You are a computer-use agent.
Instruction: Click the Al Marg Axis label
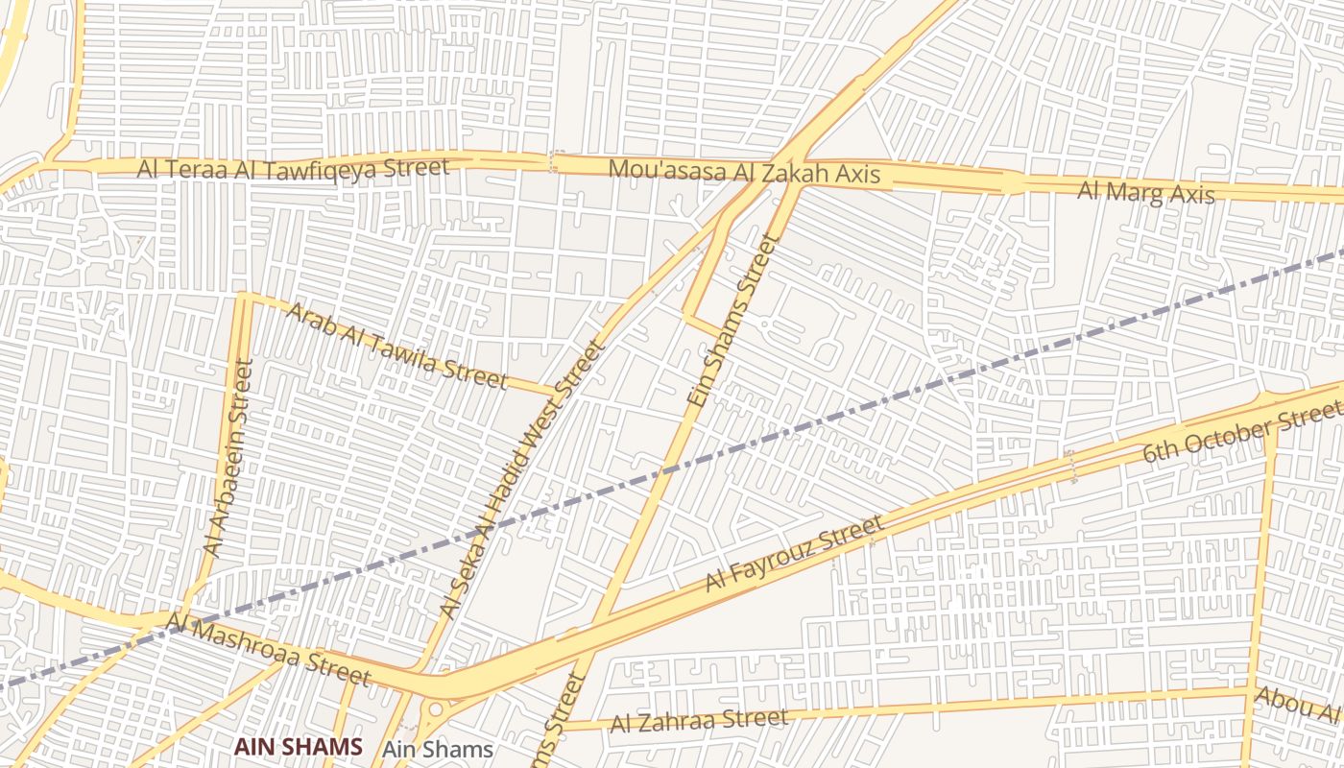click(1145, 192)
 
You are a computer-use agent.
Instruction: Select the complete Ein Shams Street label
click(731, 320)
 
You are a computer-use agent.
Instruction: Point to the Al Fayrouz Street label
click(794, 554)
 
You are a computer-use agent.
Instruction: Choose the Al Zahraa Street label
click(699, 719)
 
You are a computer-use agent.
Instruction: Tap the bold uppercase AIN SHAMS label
click(299, 747)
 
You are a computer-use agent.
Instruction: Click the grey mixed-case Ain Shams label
click(437, 750)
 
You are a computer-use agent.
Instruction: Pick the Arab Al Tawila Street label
click(396, 346)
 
